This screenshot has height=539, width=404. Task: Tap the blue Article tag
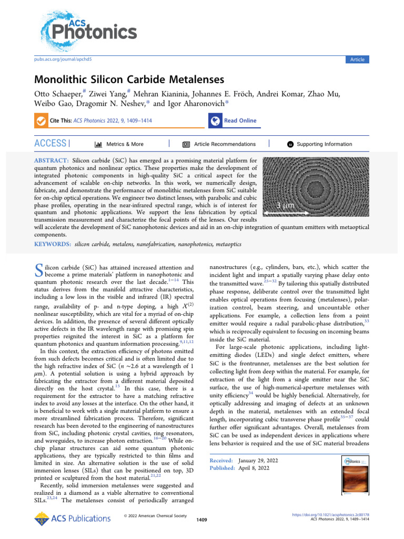(357, 60)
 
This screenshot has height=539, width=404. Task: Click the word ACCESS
(50, 144)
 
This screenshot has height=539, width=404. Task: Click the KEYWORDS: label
(53, 245)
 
